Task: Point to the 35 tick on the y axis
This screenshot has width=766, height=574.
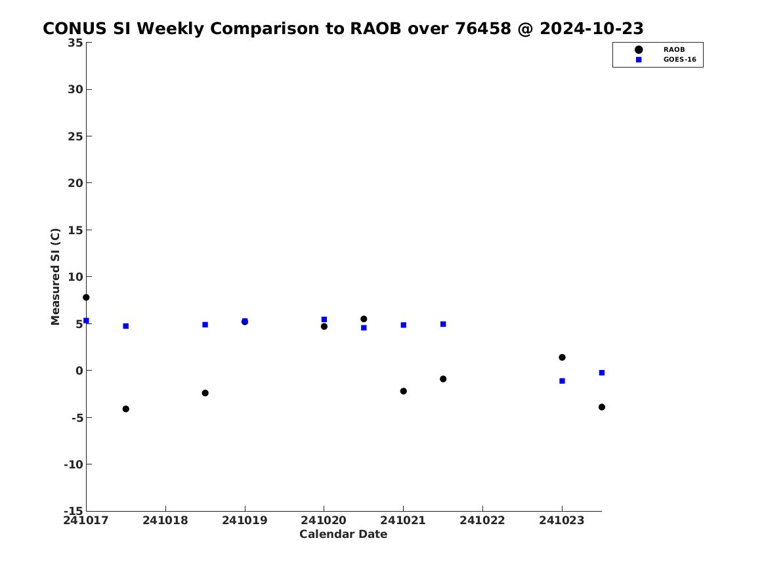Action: [75, 43]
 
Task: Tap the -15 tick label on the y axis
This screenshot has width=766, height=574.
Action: [74, 510]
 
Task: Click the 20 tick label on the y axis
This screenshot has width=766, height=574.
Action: [75, 183]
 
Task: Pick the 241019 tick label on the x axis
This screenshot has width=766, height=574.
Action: [245, 520]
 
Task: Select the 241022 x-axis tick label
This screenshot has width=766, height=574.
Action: [482, 520]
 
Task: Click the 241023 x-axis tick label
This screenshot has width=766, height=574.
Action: [562, 520]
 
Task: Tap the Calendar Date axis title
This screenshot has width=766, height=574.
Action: [343, 535]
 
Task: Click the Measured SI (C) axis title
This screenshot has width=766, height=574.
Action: [55, 276]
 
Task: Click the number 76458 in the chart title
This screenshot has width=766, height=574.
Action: [482, 29]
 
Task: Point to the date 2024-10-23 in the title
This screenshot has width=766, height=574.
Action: [591, 29]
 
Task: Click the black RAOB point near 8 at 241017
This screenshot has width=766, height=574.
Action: [86, 297]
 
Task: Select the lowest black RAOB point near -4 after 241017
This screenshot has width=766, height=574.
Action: [125, 409]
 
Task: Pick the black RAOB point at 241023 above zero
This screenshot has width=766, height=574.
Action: [562, 358]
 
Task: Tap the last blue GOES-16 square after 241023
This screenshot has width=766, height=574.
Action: [602, 373]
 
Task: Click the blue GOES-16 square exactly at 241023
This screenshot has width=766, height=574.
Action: [562, 381]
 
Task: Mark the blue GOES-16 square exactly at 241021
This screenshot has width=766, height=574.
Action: [404, 325]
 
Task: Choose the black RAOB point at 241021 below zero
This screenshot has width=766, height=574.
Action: [404, 391]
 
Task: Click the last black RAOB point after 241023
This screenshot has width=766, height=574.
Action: [602, 407]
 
